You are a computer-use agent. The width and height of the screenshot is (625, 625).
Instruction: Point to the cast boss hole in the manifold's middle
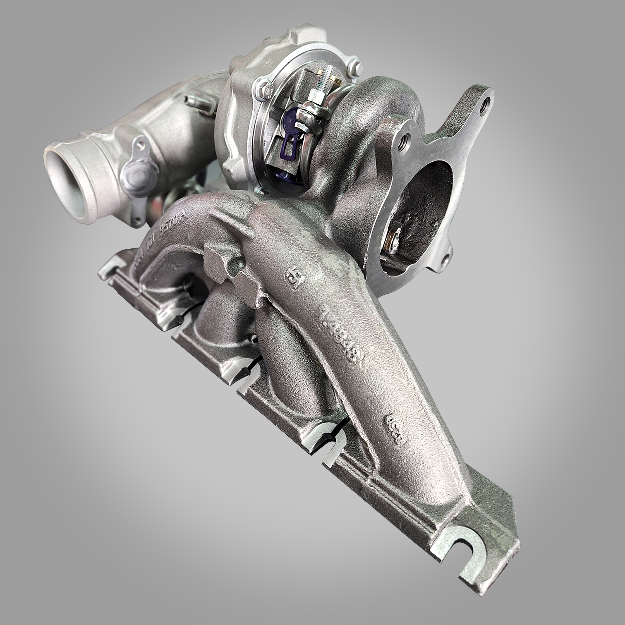(x=238, y=264)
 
